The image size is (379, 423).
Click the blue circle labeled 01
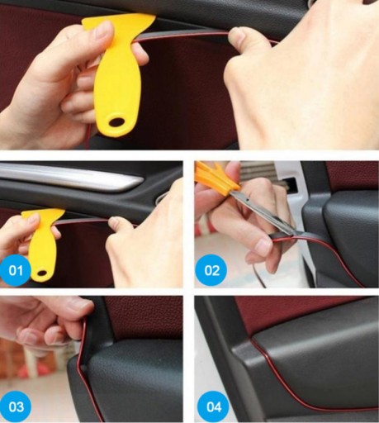click(15, 270)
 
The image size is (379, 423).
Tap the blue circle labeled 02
click(211, 270)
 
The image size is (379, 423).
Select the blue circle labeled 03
click(16, 406)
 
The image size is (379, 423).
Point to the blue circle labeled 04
click(214, 406)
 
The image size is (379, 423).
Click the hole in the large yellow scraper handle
click(118, 121)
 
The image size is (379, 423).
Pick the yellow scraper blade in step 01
click(44, 213)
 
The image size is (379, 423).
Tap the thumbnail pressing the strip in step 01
click(115, 220)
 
